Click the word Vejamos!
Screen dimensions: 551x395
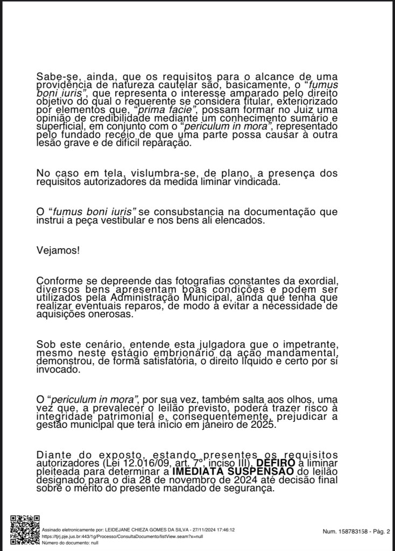[58, 250]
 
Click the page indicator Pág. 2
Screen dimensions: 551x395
[381, 532]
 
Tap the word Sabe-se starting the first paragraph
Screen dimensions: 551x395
[55, 76]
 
